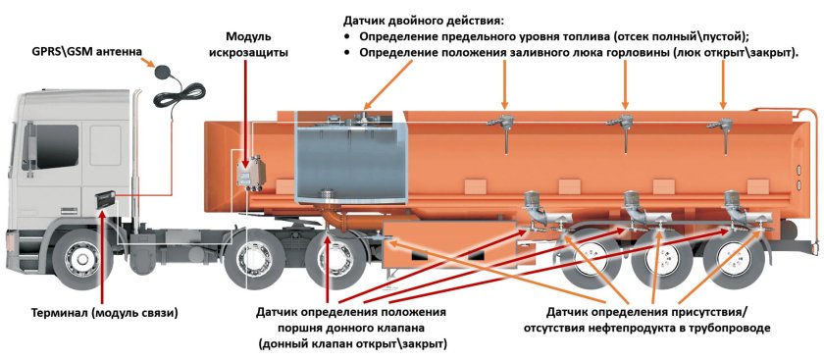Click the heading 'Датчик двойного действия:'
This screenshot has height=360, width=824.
(x=422, y=20)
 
